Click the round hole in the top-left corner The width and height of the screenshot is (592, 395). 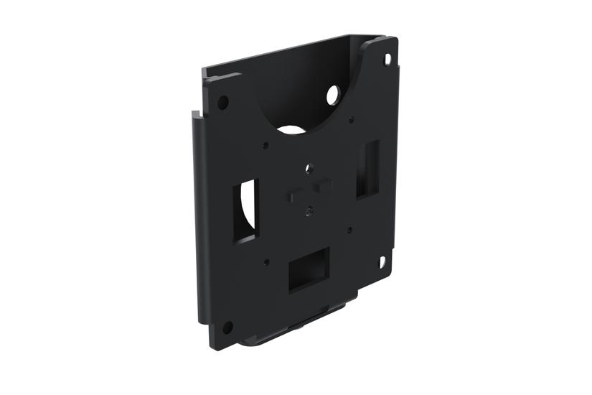(x=223, y=102)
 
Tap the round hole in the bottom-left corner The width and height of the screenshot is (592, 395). (x=227, y=327)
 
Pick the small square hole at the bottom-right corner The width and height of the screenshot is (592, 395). (x=382, y=262)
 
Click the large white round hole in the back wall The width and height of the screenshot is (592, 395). (x=334, y=94)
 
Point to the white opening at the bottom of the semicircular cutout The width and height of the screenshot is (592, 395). (x=290, y=131)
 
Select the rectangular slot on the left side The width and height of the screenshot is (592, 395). (x=244, y=210)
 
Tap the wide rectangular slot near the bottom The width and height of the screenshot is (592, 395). (x=309, y=269)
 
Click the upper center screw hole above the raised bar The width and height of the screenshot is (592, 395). (x=309, y=169)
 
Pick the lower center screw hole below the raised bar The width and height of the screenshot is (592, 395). (x=308, y=211)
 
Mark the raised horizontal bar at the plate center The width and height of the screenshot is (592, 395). (x=309, y=190)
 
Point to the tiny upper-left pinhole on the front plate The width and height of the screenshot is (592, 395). (x=266, y=145)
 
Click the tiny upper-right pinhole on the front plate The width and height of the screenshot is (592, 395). (x=351, y=120)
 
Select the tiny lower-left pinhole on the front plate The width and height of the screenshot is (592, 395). (x=266, y=263)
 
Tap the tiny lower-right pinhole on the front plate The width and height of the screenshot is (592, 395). (x=349, y=231)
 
